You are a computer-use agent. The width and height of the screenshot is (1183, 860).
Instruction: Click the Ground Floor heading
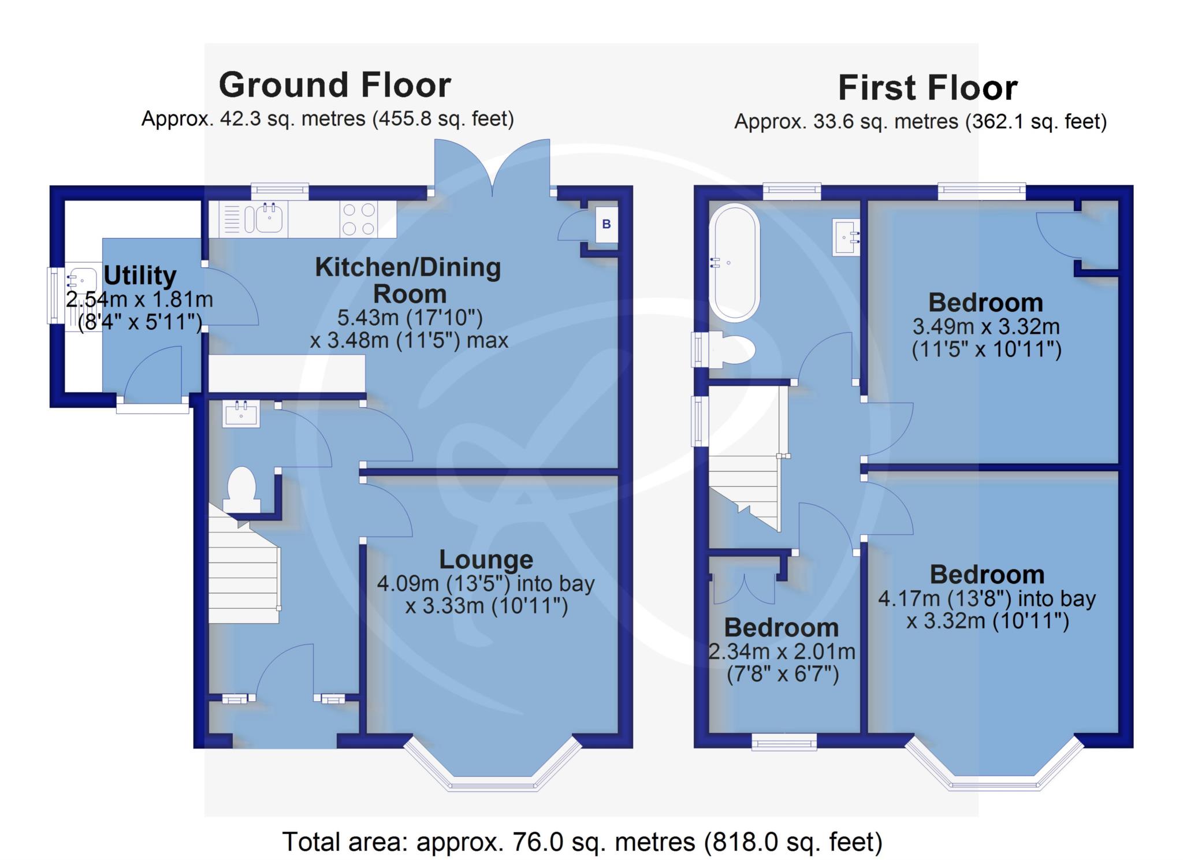[x=335, y=85]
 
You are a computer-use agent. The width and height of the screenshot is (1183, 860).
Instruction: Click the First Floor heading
[x=927, y=88]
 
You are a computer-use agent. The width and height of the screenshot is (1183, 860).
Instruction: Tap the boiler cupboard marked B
[x=607, y=224]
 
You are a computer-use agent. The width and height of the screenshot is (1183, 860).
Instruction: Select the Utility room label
[x=140, y=276]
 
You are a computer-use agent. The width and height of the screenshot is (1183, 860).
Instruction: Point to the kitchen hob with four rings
[x=358, y=219]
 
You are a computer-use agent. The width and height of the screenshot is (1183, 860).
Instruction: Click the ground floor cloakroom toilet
[x=242, y=489]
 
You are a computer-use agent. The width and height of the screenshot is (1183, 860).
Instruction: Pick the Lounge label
[x=486, y=559]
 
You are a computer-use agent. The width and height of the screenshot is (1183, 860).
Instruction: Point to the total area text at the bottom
[x=582, y=842]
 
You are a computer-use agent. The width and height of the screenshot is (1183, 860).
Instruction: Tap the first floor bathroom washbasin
[x=846, y=237]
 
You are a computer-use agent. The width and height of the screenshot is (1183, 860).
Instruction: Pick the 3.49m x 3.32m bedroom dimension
[x=986, y=338]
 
